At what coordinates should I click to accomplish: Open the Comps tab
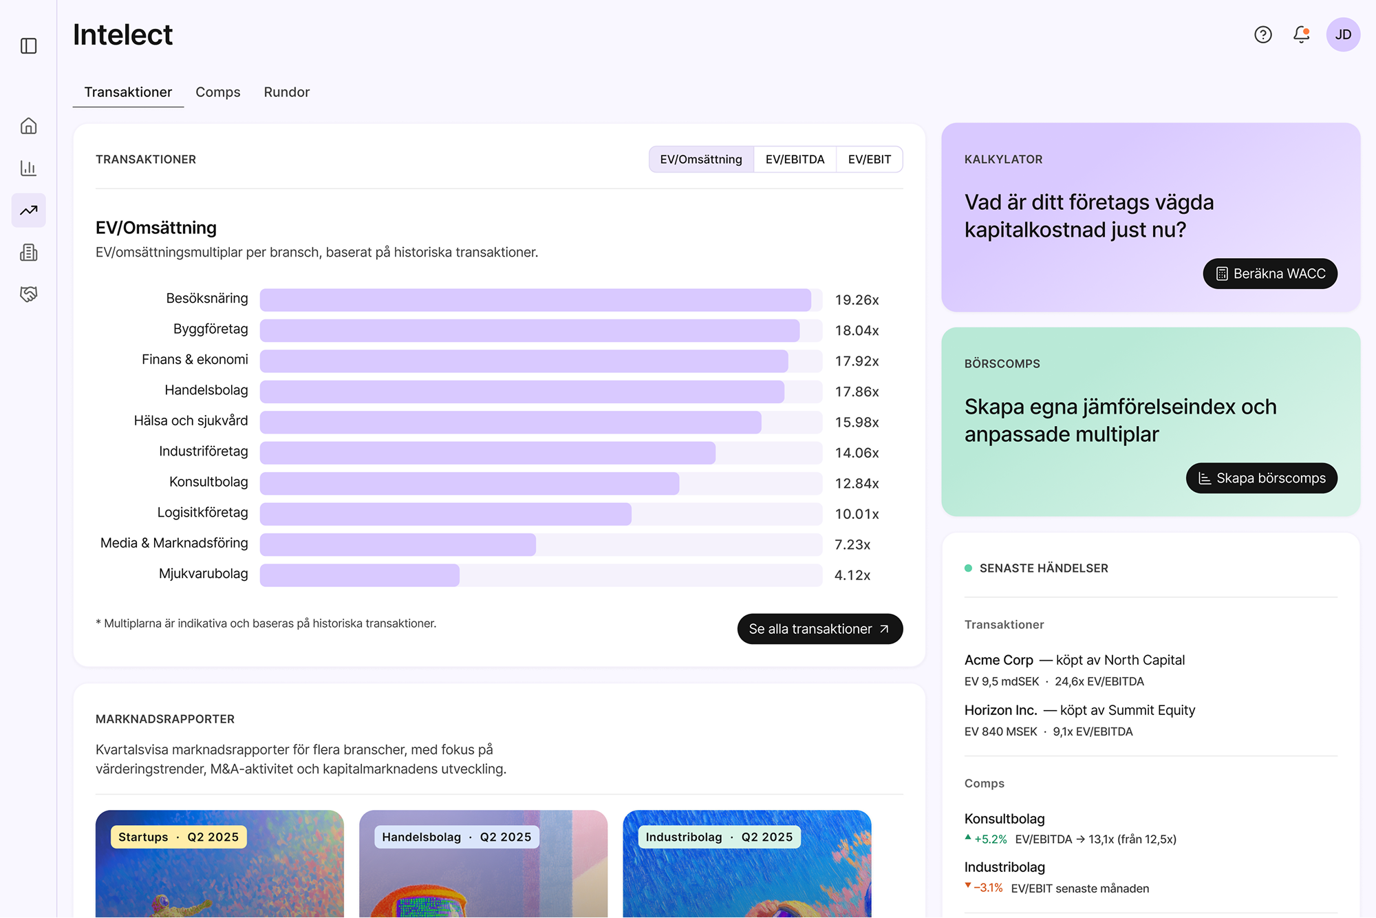pyautogui.click(x=217, y=92)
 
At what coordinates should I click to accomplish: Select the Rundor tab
pyautogui.click(x=286, y=92)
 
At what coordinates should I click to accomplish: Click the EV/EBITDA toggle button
pyautogui.click(x=795, y=160)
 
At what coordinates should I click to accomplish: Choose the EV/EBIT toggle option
pyautogui.click(x=869, y=160)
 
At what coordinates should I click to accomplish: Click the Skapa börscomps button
pyautogui.click(x=1261, y=478)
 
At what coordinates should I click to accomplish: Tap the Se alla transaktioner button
pyautogui.click(x=819, y=629)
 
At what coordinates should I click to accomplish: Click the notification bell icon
pyautogui.click(x=1301, y=34)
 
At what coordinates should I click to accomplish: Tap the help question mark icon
pyautogui.click(x=1262, y=34)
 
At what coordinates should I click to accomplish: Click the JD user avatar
pyautogui.click(x=1343, y=34)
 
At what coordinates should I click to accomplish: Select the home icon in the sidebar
pyautogui.click(x=29, y=126)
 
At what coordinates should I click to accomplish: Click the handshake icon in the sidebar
pyautogui.click(x=29, y=295)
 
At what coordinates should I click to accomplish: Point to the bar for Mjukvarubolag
pyautogui.click(x=359, y=575)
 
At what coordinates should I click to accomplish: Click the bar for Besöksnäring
pyautogui.click(x=535, y=300)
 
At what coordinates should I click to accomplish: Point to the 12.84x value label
pyautogui.click(x=857, y=484)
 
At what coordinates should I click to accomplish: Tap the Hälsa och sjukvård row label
pyautogui.click(x=191, y=421)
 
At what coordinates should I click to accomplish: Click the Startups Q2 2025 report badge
pyautogui.click(x=178, y=837)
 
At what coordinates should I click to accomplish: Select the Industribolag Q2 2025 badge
pyautogui.click(x=719, y=837)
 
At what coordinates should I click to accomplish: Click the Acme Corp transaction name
pyautogui.click(x=998, y=660)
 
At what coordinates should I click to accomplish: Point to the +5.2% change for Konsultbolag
pyautogui.click(x=990, y=840)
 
